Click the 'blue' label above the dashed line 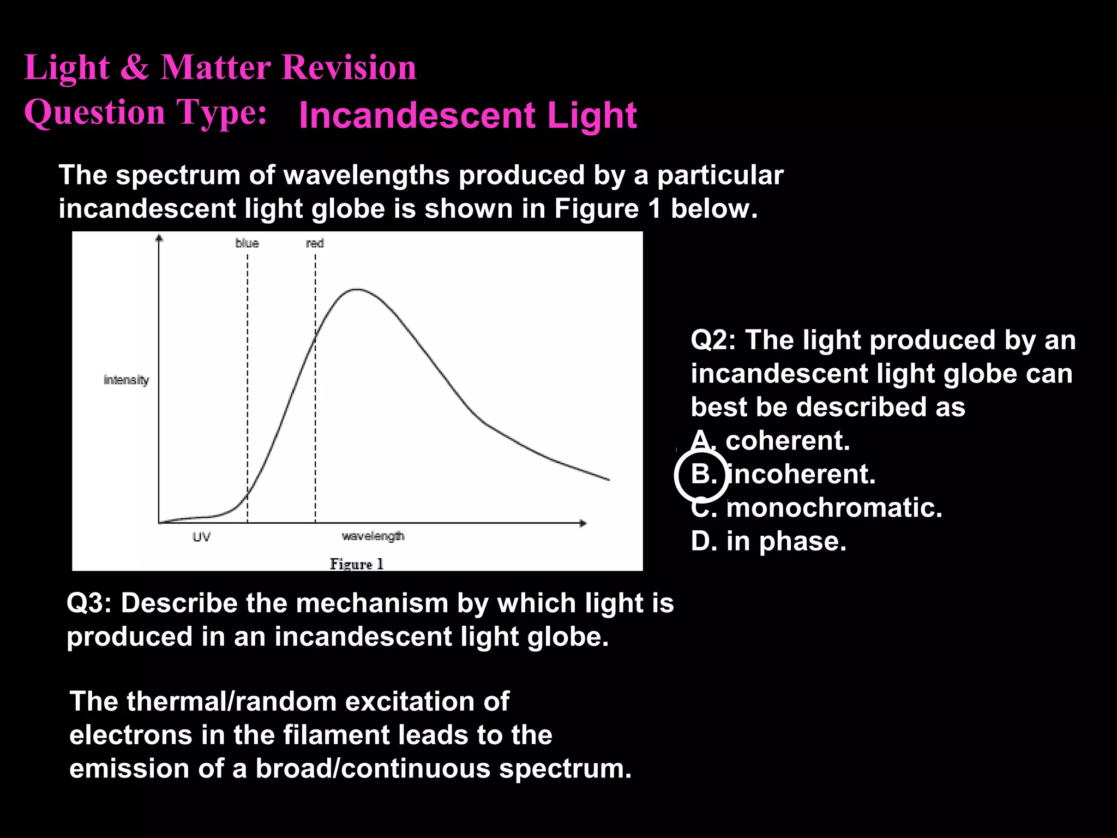click(x=247, y=243)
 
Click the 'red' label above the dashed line click(x=315, y=243)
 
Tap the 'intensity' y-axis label click(x=126, y=380)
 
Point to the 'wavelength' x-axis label click(x=373, y=536)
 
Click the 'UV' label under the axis click(x=201, y=537)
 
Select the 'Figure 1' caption click(x=357, y=564)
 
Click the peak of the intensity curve click(x=357, y=290)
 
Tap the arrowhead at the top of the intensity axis click(x=159, y=238)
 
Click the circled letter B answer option click(x=702, y=475)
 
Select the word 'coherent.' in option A click(x=788, y=441)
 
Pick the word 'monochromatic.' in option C click(x=834, y=508)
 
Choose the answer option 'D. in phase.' click(x=768, y=541)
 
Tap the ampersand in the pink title click(x=134, y=68)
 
